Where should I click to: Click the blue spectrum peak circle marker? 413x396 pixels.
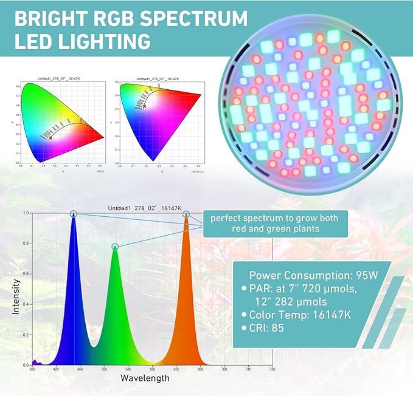pos(74,214)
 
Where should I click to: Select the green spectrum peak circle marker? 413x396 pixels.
pos(115,247)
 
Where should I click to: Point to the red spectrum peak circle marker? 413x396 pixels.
pos(186,214)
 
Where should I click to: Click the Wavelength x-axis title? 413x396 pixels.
pos(145,378)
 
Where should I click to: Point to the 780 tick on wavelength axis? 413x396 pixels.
pos(272,369)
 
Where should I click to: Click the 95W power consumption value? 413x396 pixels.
pos(365,275)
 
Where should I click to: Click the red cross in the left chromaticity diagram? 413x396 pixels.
pos(51,138)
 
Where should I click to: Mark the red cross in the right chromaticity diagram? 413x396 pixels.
pos(145,106)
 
